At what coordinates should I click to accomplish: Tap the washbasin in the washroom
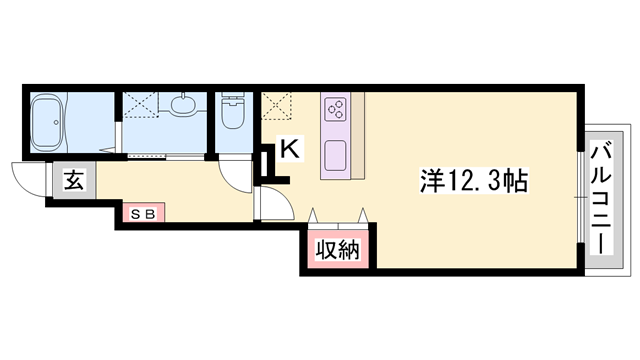(184, 105)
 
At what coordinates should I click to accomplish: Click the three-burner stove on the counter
(334, 105)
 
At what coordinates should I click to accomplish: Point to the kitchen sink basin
(334, 155)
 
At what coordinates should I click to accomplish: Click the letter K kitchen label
(288, 148)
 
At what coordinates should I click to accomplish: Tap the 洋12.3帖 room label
(473, 182)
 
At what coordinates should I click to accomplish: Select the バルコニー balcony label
(602, 200)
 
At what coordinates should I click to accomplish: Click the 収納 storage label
(339, 250)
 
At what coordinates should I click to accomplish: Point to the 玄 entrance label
(72, 182)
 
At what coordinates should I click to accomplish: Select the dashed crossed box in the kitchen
(277, 104)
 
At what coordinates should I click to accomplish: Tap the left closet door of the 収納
(317, 216)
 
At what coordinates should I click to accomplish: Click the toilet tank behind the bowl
(233, 99)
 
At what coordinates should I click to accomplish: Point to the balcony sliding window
(581, 200)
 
